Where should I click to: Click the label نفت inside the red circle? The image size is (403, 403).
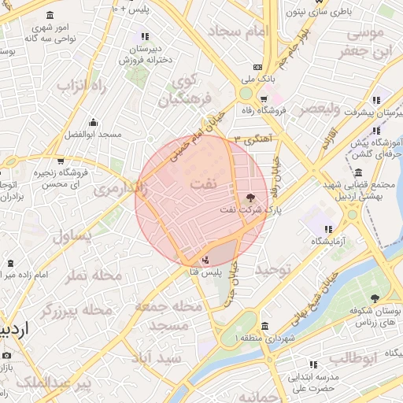click(x=200, y=183)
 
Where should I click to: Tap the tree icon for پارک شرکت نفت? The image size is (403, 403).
click(x=250, y=197)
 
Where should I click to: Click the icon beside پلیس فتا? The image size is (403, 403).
click(x=205, y=259)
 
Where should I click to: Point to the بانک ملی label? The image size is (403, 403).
click(x=259, y=79)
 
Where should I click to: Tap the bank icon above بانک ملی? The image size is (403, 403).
click(x=259, y=68)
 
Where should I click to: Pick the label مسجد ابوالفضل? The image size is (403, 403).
click(x=94, y=135)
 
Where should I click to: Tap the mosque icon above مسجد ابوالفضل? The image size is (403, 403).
click(x=94, y=122)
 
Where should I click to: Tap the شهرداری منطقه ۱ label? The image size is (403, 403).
click(x=263, y=338)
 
